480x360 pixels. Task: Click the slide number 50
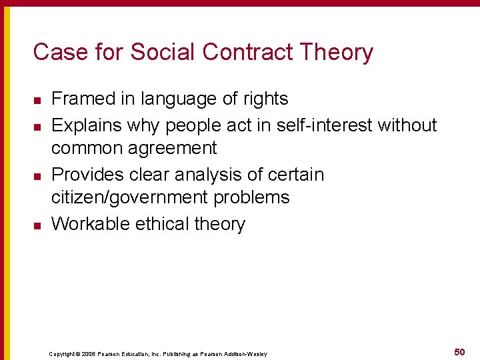[x=459, y=351]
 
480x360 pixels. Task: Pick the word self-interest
[x=323, y=125]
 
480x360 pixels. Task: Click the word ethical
[x=162, y=223]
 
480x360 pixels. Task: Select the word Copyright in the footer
[x=62, y=353]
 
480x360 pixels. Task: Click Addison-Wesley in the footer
[x=249, y=353]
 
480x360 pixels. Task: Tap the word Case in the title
[x=56, y=52]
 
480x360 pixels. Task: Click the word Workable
[x=90, y=223]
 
